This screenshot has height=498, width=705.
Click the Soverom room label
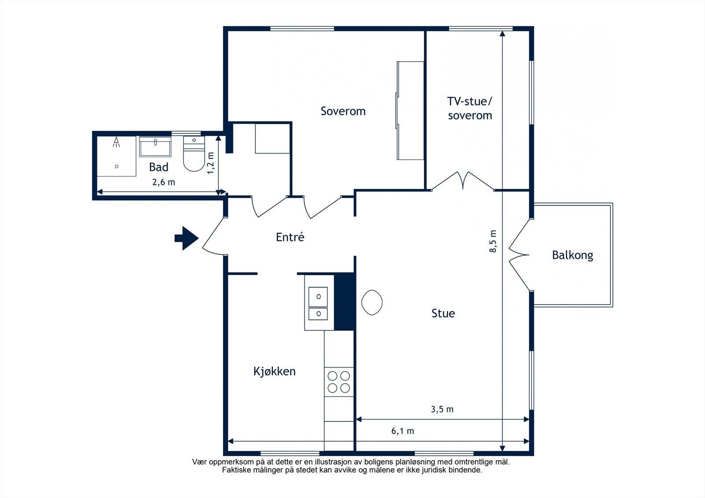click(343, 111)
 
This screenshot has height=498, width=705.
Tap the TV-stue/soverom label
click(470, 108)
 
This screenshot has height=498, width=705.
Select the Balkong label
click(572, 255)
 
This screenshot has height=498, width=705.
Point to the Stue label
click(443, 314)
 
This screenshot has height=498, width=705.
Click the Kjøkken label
click(275, 372)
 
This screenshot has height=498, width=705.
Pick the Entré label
click(290, 237)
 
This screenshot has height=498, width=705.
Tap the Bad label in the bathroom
click(159, 167)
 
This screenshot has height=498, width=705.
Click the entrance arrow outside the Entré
click(187, 238)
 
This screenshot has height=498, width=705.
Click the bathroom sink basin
click(155, 147)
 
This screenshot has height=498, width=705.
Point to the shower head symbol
click(116, 142)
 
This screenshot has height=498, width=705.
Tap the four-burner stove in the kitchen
click(339, 382)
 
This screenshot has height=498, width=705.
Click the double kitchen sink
click(318, 303)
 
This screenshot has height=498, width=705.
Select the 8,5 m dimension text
click(493, 241)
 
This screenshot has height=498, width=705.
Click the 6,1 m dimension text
click(403, 431)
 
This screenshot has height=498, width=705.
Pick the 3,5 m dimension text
click(442, 409)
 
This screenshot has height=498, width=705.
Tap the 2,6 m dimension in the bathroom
click(163, 182)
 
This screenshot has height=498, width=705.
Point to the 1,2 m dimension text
click(211, 163)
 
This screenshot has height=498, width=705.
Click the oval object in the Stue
click(372, 302)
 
